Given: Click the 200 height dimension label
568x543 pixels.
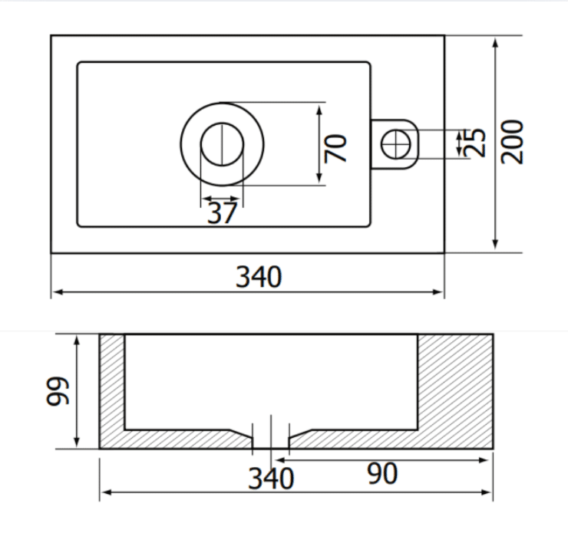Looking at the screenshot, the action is pyautogui.click(x=512, y=142).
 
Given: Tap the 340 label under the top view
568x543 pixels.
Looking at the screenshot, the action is pyautogui.click(x=259, y=277).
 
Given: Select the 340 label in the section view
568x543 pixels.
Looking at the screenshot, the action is pyautogui.click(x=271, y=479).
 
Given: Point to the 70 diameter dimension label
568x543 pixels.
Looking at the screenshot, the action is pyautogui.click(x=335, y=148).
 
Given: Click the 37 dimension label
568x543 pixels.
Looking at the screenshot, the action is pyautogui.click(x=222, y=213).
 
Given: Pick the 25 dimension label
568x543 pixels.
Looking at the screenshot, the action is pyautogui.click(x=476, y=143).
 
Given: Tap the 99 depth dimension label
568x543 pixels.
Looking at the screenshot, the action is pyautogui.click(x=57, y=391).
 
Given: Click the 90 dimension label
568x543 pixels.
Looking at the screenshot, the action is pyautogui.click(x=382, y=473).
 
